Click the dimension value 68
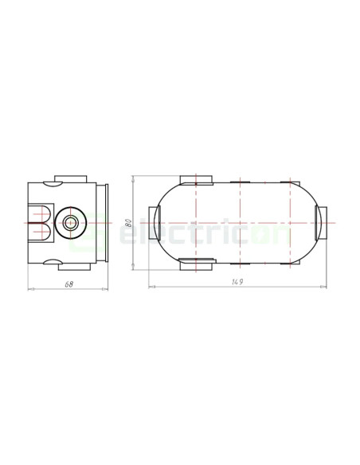point(68,284)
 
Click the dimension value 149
point(237,282)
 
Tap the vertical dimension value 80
point(128,223)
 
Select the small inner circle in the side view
point(71,223)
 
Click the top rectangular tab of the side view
point(71,179)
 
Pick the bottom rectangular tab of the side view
point(74,267)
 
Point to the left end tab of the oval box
point(155,223)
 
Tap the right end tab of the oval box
point(321,223)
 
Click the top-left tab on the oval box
point(196,180)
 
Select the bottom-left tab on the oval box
point(197,264)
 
